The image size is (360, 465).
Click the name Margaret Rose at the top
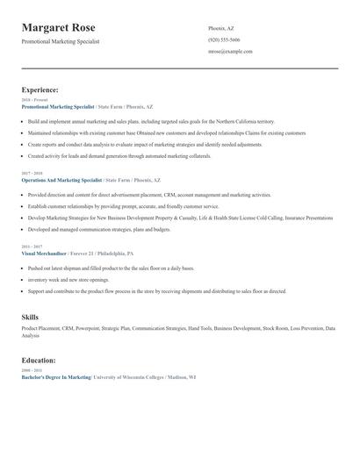[x=59, y=28]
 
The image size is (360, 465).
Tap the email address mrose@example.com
[x=230, y=52]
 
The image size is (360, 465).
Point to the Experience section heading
[x=40, y=89]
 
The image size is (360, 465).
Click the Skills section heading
[x=30, y=316]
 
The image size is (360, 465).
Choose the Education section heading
[x=39, y=361]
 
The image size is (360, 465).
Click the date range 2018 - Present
[x=35, y=100]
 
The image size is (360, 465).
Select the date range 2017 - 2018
[x=33, y=173]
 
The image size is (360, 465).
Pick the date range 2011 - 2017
[x=33, y=247]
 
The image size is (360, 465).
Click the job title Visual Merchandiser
[x=43, y=254]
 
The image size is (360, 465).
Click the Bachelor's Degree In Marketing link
[x=56, y=377]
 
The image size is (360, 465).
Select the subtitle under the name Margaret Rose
[x=61, y=41]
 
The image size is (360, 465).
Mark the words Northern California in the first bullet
[x=234, y=121]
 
